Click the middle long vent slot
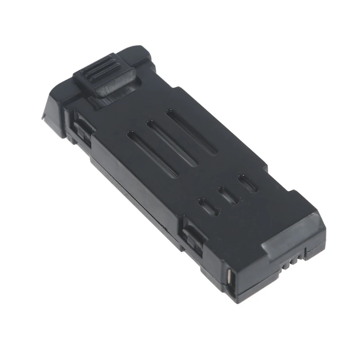pos(171,143)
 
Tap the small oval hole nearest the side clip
pos(207,207)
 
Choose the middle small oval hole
pos(228,195)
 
